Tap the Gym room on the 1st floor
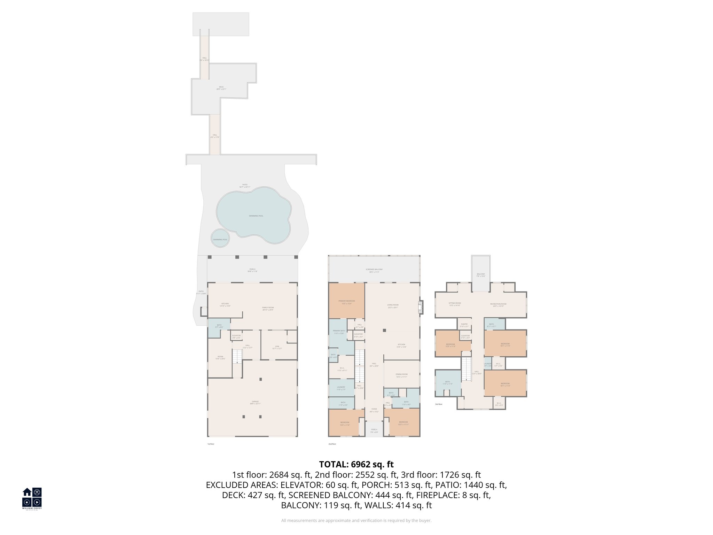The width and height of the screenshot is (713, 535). click(x=277, y=347)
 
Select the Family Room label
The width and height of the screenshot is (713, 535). click(x=268, y=309)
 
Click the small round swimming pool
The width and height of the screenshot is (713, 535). click(x=220, y=239)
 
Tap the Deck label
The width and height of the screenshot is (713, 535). click(x=221, y=88)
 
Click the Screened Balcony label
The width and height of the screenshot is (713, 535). click(x=374, y=270)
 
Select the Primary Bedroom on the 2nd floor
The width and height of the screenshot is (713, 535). click(x=346, y=302)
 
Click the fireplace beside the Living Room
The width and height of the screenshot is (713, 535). click(x=421, y=307)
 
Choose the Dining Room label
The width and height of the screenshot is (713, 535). click(x=401, y=375)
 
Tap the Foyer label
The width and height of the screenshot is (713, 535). click(x=374, y=410)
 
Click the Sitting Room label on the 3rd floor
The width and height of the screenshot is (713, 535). click(x=454, y=304)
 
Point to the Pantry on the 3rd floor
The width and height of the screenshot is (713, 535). click(x=464, y=325)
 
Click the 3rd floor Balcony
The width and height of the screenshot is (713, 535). click(x=480, y=274)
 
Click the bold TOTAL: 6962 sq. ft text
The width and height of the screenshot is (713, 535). click(x=356, y=464)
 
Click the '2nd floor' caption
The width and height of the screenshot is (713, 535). click(x=332, y=444)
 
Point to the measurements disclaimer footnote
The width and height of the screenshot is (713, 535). click(x=356, y=520)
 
